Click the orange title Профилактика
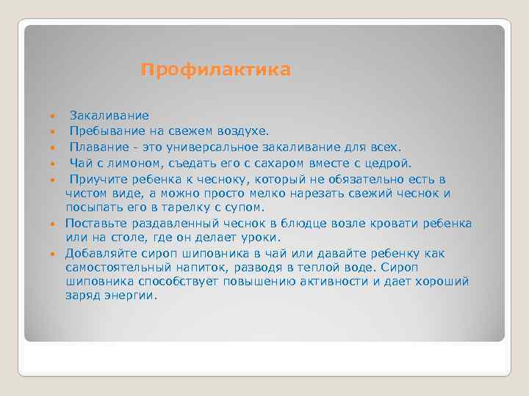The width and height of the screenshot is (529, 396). click(216, 70)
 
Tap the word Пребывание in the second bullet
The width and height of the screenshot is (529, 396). click(103, 131)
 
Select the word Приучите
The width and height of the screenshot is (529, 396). click(99, 178)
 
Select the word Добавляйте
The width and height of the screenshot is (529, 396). click(101, 253)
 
